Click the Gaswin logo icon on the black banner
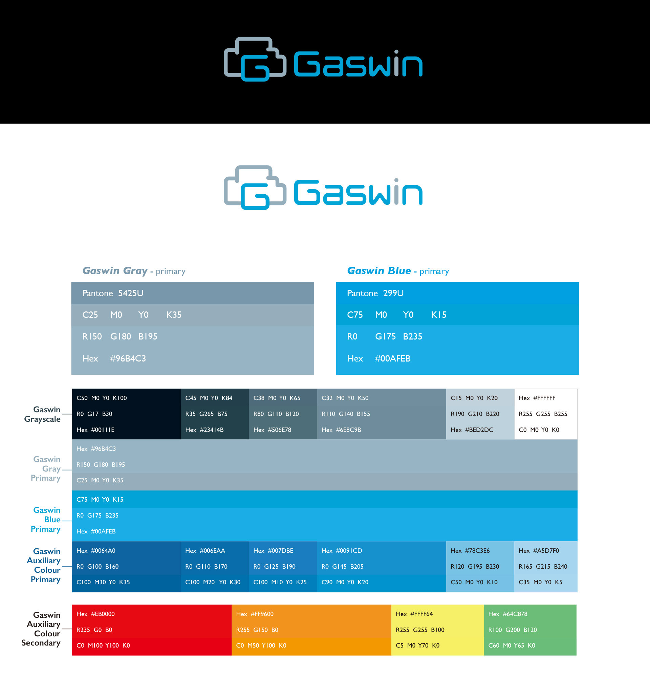[x=255, y=59]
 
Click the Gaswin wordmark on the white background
[x=358, y=192]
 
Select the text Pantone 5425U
[x=113, y=293]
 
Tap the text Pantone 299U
[x=375, y=293]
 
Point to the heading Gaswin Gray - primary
[x=134, y=271]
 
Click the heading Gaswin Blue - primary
[x=398, y=271]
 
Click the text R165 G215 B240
[x=543, y=566]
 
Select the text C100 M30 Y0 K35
[x=103, y=582]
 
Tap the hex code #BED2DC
[x=472, y=430]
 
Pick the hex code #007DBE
[x=273, y=551]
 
